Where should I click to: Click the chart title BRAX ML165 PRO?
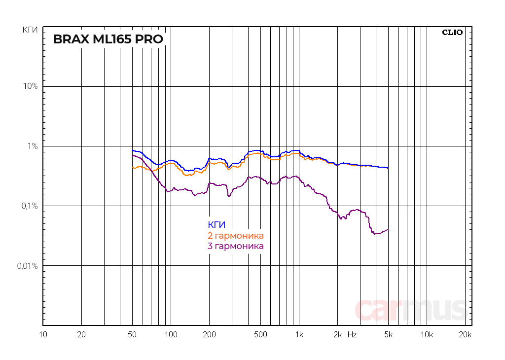click(108, 39)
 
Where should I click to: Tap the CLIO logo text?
click(452, 33)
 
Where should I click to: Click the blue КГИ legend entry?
click(216, 225)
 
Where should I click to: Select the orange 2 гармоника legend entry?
click(236, 236)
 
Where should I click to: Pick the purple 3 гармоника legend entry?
click(236, 246)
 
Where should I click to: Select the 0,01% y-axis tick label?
click(28, 266)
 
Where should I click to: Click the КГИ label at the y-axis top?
click(30, 31)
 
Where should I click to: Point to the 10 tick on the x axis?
click(43, 335)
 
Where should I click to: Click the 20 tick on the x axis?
click(82, 335)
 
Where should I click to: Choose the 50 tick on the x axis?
click(132, 335)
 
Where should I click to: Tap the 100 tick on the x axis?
click(171, 335)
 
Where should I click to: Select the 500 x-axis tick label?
click(260, 335)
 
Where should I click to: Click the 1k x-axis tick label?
click(299, 335)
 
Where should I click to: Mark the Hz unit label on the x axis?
click(352, 335)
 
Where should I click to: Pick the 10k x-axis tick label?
click(427, 335)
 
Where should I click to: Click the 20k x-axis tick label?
click(465, 335)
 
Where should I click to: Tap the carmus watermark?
click(410, 309)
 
